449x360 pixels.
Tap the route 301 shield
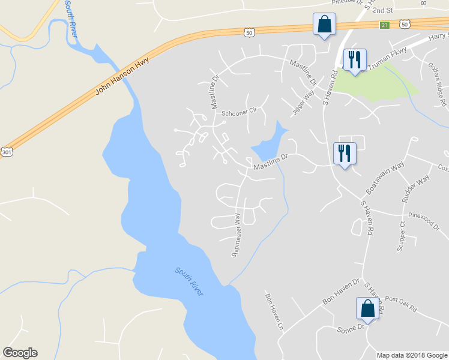click(x=6, y=152)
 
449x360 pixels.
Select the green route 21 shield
click(x=385, y=25)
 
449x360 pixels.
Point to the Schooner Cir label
click(x=239, y=112)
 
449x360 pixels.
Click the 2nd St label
click(x=382, y=10)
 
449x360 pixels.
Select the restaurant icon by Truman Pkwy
click(x=354, y=60)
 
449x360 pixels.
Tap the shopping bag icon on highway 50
click(x=324, y=25)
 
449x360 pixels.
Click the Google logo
click(x=20, y=353)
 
